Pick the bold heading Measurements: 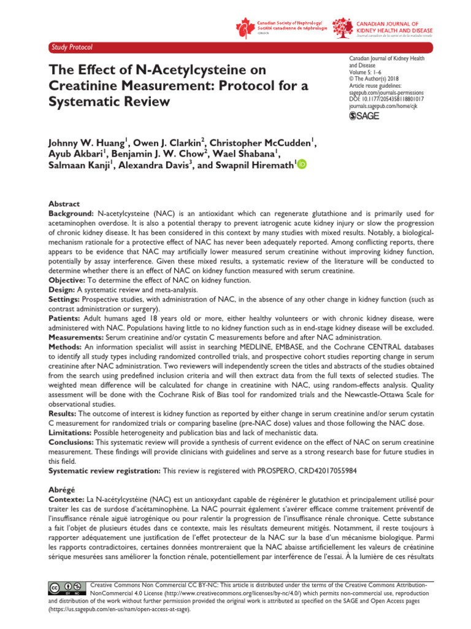[x=77, y=338]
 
